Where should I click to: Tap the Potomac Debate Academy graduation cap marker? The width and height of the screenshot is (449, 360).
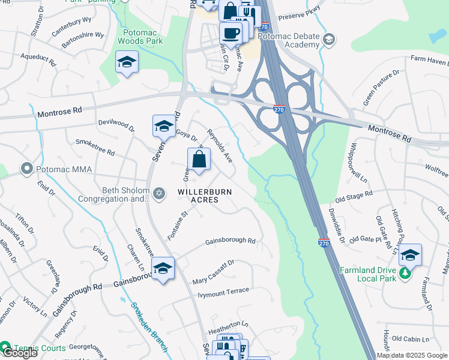pos(328,40)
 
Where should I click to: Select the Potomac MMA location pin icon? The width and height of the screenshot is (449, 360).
pos(26,169)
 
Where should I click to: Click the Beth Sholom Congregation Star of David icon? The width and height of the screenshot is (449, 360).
pos(158,193)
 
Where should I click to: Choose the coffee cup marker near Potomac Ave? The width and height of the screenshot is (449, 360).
pos(231,34)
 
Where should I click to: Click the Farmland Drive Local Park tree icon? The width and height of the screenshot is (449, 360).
pos(406,274)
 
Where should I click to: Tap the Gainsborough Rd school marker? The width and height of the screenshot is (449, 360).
pos(163,269)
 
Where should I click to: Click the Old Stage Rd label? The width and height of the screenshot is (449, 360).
pos(354,194)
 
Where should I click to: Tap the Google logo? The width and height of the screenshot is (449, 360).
pos(19,353)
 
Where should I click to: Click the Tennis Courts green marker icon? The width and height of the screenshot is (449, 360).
pos(5,346)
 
